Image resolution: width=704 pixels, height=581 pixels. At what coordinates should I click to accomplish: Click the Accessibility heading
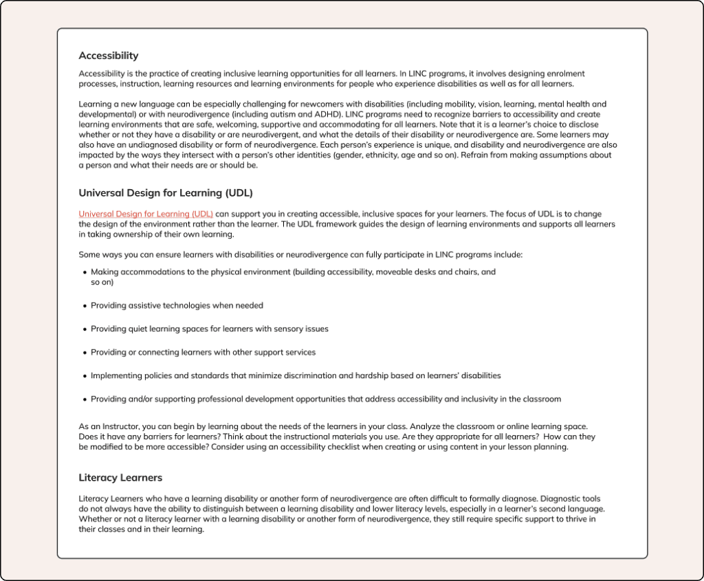click(109, 56)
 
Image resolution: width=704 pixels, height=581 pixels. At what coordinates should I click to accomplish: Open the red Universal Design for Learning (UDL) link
click(146, 214)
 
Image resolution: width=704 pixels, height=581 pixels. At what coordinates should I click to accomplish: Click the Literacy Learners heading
click(120, 477)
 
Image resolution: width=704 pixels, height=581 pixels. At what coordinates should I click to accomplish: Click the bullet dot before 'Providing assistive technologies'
click(85, 306)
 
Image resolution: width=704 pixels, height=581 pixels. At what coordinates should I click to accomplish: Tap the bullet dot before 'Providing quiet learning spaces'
click(85, 329)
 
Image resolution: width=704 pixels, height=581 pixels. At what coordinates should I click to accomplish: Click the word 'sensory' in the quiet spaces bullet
click(288, 329)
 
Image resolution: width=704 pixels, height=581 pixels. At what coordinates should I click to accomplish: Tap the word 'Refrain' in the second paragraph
click(475, 155)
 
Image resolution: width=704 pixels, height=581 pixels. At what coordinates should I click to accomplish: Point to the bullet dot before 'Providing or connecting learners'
click(85, 353)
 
